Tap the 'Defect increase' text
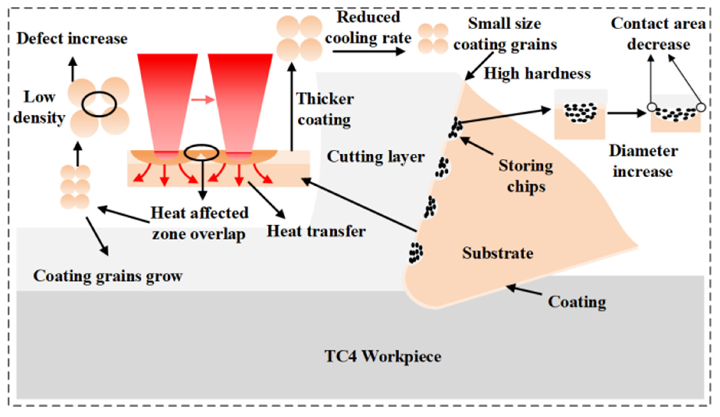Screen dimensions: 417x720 point(72,39)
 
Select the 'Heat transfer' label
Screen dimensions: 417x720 point(316,231)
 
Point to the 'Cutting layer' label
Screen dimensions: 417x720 point(375,157)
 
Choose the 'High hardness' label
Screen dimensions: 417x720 point(537,74)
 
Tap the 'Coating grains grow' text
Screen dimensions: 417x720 point(108,276)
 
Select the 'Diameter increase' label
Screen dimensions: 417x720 point(643,161)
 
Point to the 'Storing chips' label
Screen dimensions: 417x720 point(526,176)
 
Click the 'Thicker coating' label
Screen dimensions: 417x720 point(325,109)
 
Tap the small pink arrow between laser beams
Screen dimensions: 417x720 point(203,100)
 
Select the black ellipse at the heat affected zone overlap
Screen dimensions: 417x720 point(201,152)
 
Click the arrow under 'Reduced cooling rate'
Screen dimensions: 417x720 point(369,51)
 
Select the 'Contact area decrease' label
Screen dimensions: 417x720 point(658,34)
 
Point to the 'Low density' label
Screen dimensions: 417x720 point(39,107)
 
